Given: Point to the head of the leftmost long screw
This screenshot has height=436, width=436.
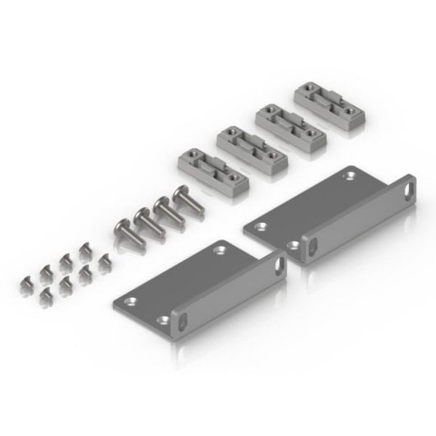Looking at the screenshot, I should (120, 225).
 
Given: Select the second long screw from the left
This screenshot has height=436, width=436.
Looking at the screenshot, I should (141, 216).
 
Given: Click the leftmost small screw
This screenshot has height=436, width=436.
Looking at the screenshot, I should (26, 284).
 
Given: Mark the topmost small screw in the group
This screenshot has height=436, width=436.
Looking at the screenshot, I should (83, 247).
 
